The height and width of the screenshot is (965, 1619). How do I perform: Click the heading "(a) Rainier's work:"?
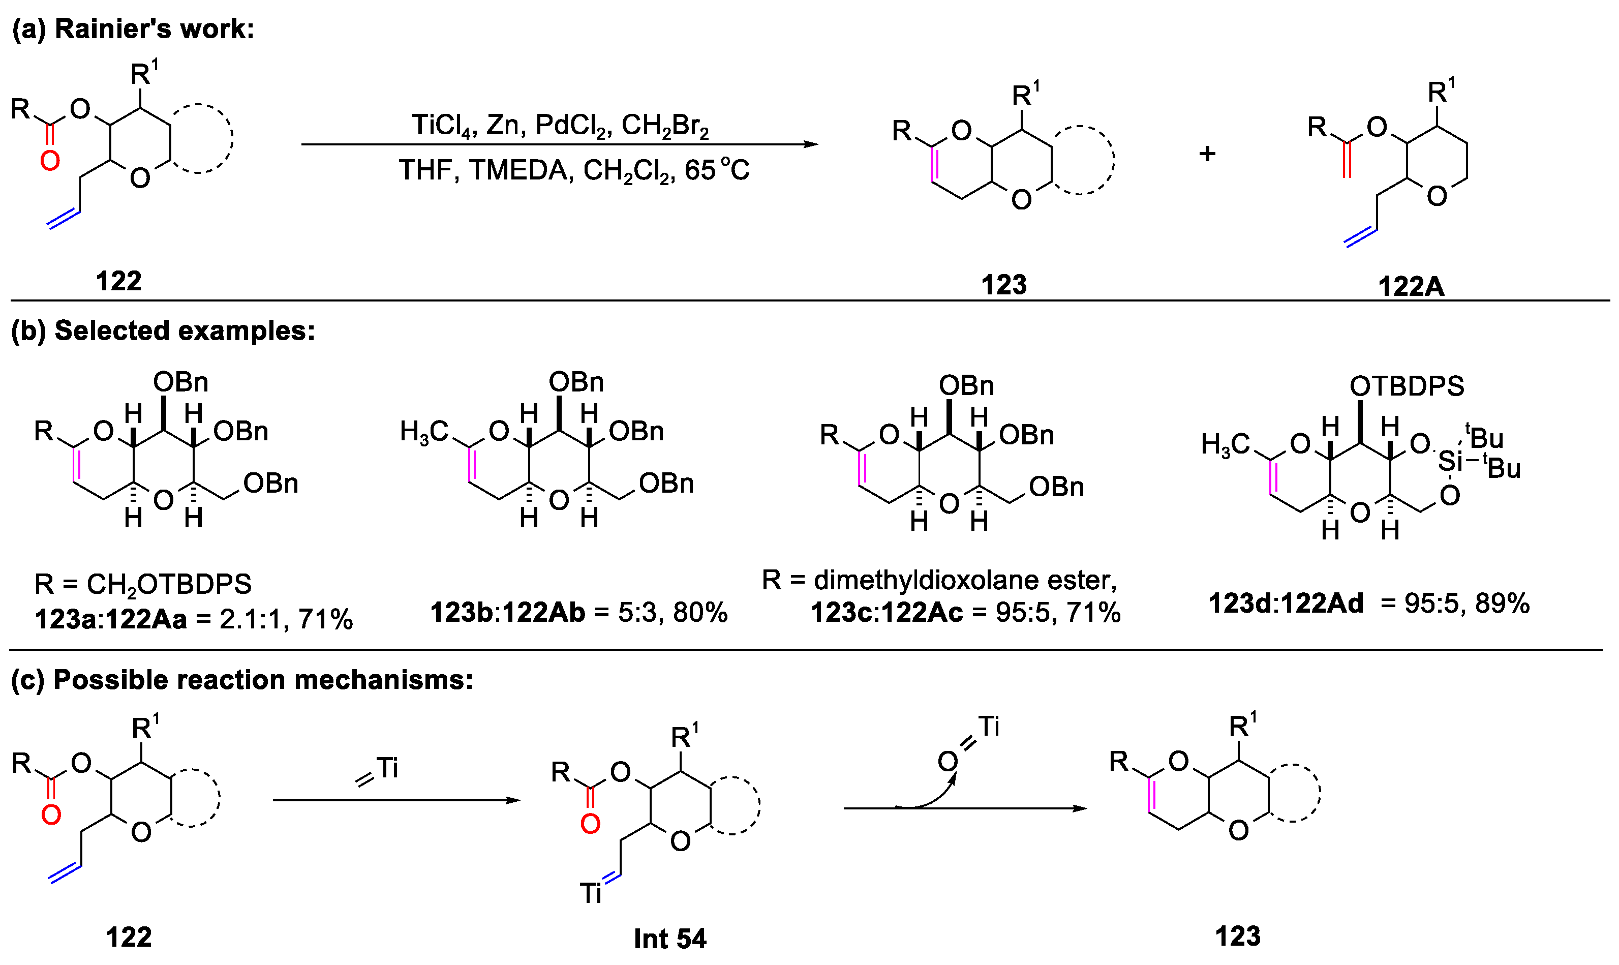pyautogui.click(x=133, y=29)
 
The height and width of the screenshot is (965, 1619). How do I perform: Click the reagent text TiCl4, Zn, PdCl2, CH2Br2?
pyautogui.click(x=560, y=124)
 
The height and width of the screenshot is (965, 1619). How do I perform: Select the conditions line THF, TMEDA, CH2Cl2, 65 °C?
pyautogui.click(x=574, y=170)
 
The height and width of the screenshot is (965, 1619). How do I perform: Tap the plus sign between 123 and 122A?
pyautogui.click(x=1207, y=154)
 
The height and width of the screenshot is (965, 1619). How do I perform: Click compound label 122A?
pyautogui.click(x=1411, y=287)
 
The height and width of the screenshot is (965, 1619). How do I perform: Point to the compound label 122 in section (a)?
pyautogui.click(x=118, y=282)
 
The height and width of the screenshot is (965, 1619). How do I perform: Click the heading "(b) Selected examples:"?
pyautogui.click(x=163, y=331)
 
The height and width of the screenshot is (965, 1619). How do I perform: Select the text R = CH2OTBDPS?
pyautogui.click(x=143, y=584)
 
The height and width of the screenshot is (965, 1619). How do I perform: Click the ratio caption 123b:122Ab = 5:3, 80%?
pyautogui.click(x=578, y=613)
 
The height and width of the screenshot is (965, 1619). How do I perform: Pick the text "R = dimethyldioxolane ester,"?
pyautogui.click(x=939, y=580)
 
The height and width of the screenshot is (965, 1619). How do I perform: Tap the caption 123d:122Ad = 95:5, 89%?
pyautogui.click(x=1368, y=604)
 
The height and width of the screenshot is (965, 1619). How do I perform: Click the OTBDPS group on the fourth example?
pyautogui.click(x=1407, y=386)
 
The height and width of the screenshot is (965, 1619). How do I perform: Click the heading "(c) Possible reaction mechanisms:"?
pyautogui.click(x=242, y=680)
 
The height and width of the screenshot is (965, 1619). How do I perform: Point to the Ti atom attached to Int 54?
pyautogui.click(x=590, y=893)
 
